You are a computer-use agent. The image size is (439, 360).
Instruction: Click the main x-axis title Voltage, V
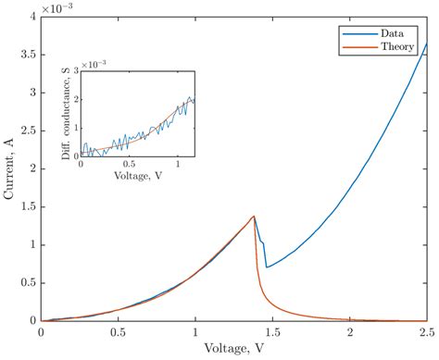click(x=233, y=350)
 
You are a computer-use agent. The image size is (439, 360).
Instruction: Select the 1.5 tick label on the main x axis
click(x=272, y=331)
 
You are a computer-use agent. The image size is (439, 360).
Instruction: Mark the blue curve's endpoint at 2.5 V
click(x=426, y=43)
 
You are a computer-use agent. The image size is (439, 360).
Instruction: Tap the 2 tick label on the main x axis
click(x=349, y=331)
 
